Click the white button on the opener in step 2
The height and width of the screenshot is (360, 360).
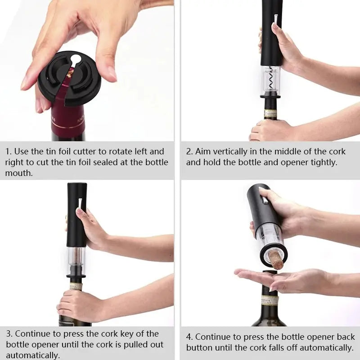(275, 18)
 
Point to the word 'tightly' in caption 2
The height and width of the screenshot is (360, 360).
(322, 162)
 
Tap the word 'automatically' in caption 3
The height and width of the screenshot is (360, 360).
(32, 355)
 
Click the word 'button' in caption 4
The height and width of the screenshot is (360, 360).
(200, 348)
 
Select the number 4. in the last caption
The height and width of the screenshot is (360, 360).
(189, 337)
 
